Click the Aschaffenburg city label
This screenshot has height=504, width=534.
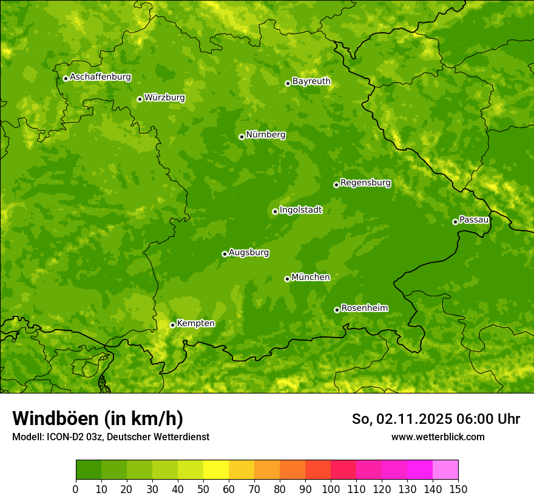(x=100, y=77)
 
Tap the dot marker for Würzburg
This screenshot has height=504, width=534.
(x=140, y=99)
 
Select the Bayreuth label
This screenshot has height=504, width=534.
(x=311, y=81)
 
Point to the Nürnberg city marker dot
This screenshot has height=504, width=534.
(x=242, y=137)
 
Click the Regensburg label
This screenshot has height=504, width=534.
(x=365, y=182)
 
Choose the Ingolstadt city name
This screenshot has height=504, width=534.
(x=300, y=209)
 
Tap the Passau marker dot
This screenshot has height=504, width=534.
(x=455, y=222)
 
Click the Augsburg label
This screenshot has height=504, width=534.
(x=249, y=252)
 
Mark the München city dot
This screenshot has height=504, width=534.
(x=287, y=279)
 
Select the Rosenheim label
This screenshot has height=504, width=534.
(x=364, y=308)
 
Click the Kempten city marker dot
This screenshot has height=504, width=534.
(x=172, y=325)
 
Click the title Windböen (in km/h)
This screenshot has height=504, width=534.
(x=97, y=418)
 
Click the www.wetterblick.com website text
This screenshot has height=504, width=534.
(x=438, y=437)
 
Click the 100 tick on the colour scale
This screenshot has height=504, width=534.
(x=331, y=488)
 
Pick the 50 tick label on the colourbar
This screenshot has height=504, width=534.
(x=203, y=488)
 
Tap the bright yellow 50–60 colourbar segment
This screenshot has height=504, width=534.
(x=216, y=470)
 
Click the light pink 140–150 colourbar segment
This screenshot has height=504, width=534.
(x=445, y=470)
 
